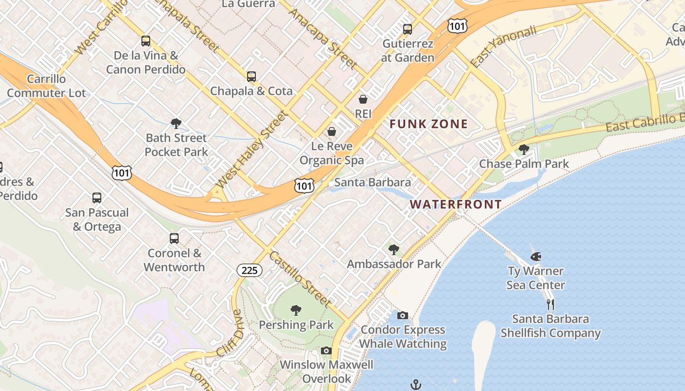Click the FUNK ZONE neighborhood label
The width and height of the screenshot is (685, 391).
pos(429,124)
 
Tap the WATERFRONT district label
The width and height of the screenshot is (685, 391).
pos(456,204)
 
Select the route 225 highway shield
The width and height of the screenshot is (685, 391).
pos(250,270)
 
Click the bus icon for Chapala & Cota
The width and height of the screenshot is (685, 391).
pos(251,77)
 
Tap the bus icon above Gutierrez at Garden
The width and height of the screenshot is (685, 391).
pos(408,29)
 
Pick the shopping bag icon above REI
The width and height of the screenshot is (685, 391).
pos(363,100)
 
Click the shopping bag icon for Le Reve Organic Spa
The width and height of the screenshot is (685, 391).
pos(332,132)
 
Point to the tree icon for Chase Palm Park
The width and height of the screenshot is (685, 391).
pos(524,150)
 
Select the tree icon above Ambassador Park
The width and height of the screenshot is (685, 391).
pos(394,250)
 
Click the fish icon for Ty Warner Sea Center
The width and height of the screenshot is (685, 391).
pos(535,257)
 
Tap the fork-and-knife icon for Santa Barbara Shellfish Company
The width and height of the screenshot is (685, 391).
pos(550,304)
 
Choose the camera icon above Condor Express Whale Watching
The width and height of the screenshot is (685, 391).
pos(403,316)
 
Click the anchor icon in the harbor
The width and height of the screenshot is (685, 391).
pos(415,385)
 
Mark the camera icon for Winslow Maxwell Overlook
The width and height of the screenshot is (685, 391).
pos(326,351)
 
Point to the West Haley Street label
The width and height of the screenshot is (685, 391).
pos(251,150)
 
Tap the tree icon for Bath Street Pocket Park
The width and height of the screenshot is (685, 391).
pos(176,124)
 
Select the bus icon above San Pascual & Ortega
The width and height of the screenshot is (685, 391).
pos(97,198)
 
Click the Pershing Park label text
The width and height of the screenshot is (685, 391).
pos(296,325)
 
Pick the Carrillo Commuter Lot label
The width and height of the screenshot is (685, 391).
pos(46,86)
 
